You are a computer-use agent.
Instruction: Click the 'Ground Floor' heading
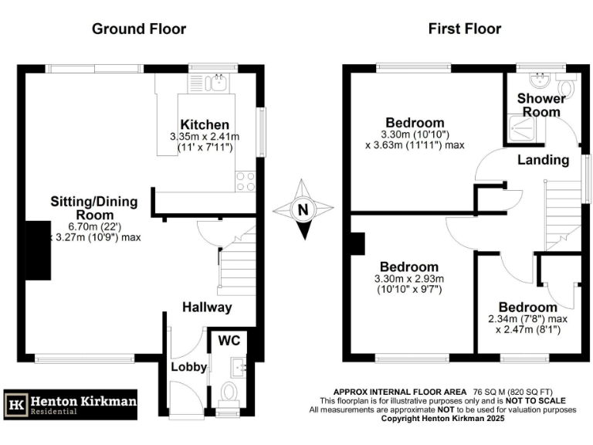click(139, 29)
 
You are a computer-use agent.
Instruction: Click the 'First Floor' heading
click(465, 29)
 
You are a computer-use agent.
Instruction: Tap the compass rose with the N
click(303, 209)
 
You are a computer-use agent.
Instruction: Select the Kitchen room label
click(205, 124)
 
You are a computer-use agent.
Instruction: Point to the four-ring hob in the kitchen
click(246, 181)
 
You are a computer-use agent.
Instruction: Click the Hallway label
click(207, 307)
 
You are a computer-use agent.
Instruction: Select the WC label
click(229, 340)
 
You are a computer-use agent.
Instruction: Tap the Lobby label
click(189, 367)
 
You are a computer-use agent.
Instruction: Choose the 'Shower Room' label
click(540, 105)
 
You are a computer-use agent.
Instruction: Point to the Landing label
click(543, 160)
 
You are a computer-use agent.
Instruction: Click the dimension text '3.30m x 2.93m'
click(415, 279)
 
